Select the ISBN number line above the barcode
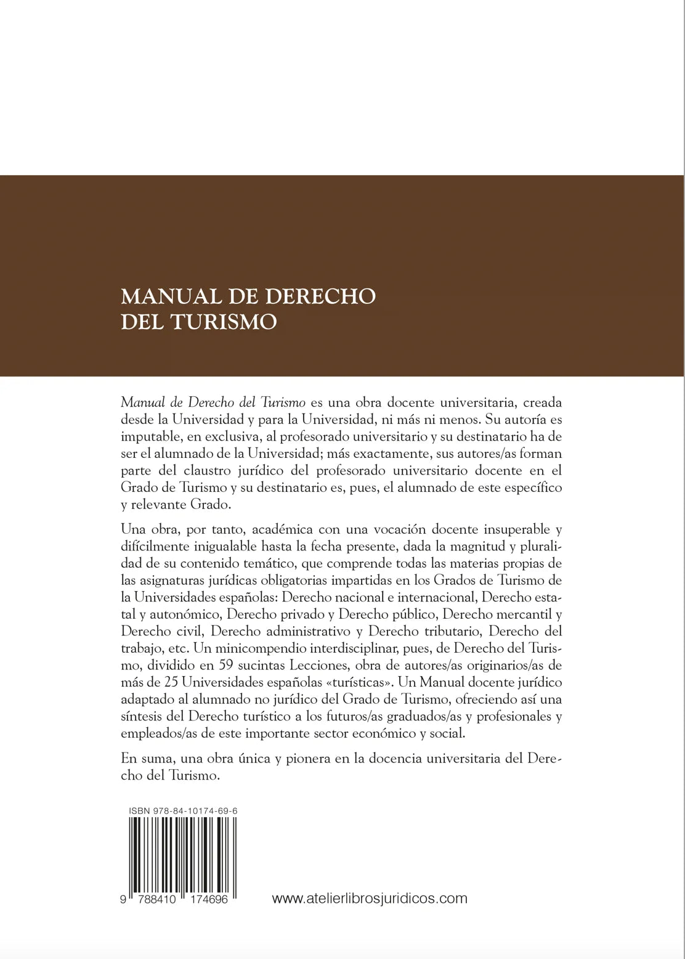pyautogui.click(x=184, y=812)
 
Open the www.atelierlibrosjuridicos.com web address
pyautogui.click(x=370, y=899)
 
